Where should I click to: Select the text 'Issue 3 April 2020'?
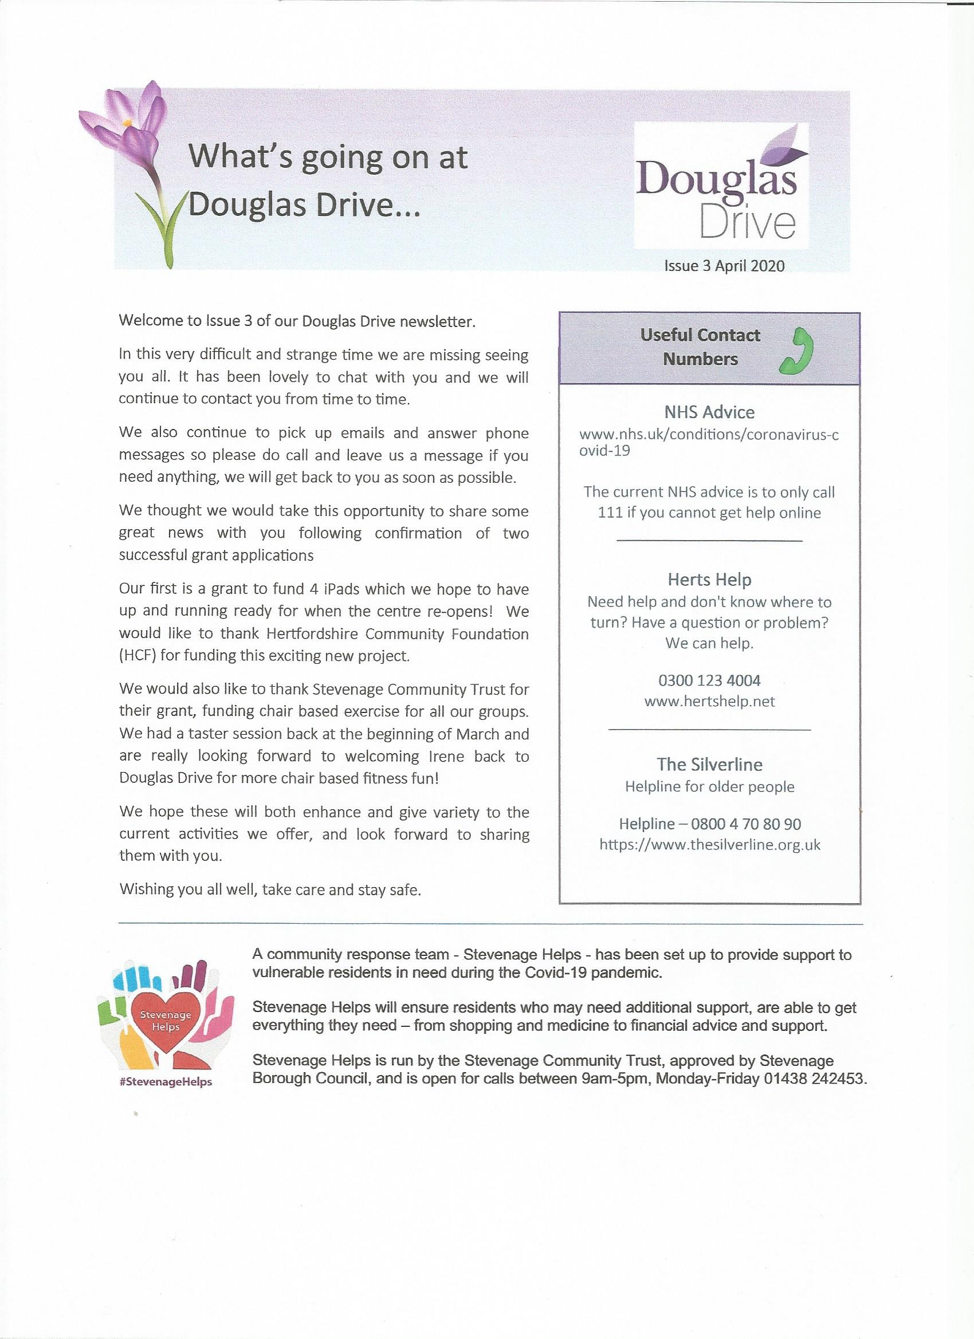click(x=724, y=266)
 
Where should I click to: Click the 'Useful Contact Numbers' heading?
click(x=700, y=346)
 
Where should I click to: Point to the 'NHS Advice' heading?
click(x=709, y=412)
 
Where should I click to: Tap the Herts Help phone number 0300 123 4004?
click(x=709, y=680)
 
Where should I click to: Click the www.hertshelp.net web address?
click(x=709, y=701)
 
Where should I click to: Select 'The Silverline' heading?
click(x=709, y=765)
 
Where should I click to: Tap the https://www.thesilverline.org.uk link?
click(x=709, y=844)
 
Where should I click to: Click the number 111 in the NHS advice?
click(x=610, y=513)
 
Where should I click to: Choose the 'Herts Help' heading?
click(x=709, y=579)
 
